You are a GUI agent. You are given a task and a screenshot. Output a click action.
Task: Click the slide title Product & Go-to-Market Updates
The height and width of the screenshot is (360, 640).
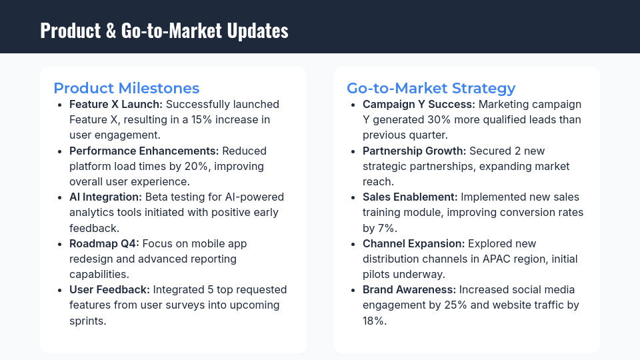pyautogui.click(x=164, y=31)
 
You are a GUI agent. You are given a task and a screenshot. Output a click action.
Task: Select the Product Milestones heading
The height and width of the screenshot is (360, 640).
pyautogui.click(x=126, y=88)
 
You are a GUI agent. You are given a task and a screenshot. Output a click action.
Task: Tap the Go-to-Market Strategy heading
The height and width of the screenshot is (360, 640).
pyautogui.click(x=431, y=88)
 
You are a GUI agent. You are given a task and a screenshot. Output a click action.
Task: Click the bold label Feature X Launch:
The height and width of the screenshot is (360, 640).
pyautogui.click(x=116, y=105)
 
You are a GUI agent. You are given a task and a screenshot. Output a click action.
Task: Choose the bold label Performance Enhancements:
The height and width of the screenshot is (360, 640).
pyautogui.click(x=144, y=151)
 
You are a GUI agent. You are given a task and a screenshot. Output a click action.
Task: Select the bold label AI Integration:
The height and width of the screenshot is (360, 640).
pyautogui.click(x=105, y=197)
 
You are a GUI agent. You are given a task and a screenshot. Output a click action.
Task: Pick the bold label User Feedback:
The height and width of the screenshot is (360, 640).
pyautogui.click(x=109, y=289)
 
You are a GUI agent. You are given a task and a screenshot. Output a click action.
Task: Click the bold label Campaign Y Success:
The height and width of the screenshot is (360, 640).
pyautogui.click(x=419, y=105)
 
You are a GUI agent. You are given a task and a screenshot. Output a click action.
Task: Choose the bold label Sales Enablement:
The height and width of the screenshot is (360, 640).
pyautogui.click(x=410, y=197)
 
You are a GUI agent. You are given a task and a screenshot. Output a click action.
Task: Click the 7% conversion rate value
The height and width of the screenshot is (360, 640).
pyautogui.click(x=387, y=228)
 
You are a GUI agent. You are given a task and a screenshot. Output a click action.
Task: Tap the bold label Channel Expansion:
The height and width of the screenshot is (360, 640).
pyautogui.click(x=414, y=243)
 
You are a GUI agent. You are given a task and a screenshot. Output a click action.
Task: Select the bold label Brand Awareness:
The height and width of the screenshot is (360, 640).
pyautogui.click(x=408, y=289)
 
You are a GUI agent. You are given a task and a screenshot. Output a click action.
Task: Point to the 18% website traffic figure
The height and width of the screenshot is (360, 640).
pyautogui.click(x=373, y=320)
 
